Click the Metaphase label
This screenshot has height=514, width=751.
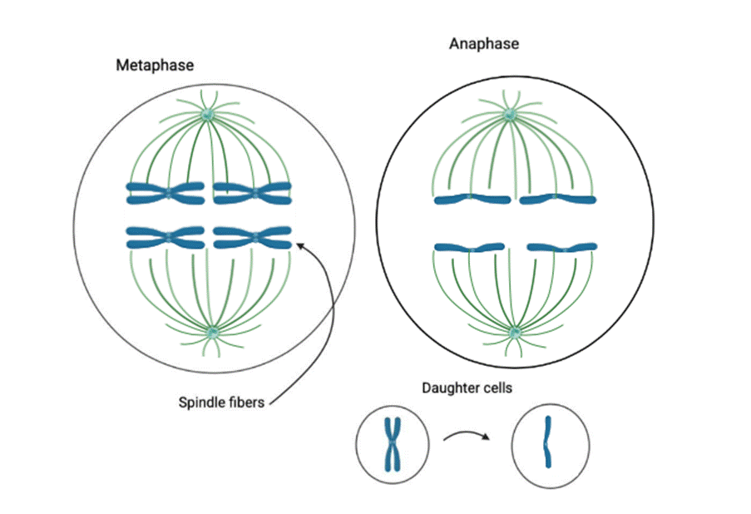(155, 65)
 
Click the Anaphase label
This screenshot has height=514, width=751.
(484, 43)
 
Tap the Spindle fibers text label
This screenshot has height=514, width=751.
(221, 403)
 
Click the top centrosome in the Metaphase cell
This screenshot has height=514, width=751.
(207, 116)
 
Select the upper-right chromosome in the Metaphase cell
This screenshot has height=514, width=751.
(252, 193)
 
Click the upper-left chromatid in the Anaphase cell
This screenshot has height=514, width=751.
(472, 199)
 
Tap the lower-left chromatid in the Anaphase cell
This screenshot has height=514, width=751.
(472, 248)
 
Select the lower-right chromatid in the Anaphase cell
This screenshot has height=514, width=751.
(562, 248)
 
